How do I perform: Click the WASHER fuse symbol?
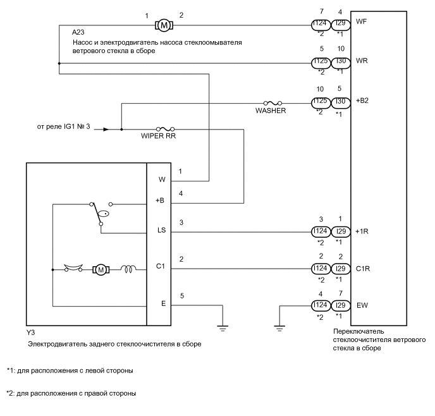click(x=272, y=102)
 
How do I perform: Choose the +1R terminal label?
click(x=363, y=231)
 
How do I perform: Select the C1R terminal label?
click(x=363, y=269)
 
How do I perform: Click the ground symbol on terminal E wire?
click(x=221, y=327)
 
